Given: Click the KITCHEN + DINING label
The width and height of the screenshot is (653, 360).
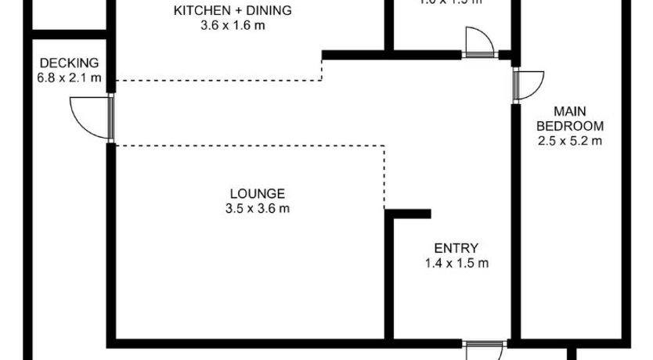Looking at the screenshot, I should click(x=232, y=11).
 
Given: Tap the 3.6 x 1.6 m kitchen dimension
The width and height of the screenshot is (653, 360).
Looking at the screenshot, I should click(x=232, y=25).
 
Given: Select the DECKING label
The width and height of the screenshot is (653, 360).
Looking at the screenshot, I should click(x=69, y=63).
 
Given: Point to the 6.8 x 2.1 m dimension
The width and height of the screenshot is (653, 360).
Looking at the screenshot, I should click(x=69, y=77).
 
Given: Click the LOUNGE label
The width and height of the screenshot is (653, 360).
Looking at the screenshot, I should click(x=257, y=193).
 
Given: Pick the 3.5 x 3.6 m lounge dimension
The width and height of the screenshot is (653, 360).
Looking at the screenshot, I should click(x=257, y=208).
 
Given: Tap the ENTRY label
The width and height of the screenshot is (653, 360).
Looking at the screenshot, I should click(x=456, y=248).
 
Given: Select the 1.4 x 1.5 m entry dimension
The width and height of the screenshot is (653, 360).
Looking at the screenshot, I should click(x=456, y=263).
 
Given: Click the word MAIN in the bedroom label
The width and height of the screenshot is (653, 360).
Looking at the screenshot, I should click(x=570, y=111).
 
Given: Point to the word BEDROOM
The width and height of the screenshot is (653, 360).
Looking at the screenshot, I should click(x=570, y=126).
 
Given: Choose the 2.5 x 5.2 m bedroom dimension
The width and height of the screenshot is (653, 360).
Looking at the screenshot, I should click(x=570, y=141).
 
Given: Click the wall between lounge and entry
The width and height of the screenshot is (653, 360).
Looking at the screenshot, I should click(x=388, y=278).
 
